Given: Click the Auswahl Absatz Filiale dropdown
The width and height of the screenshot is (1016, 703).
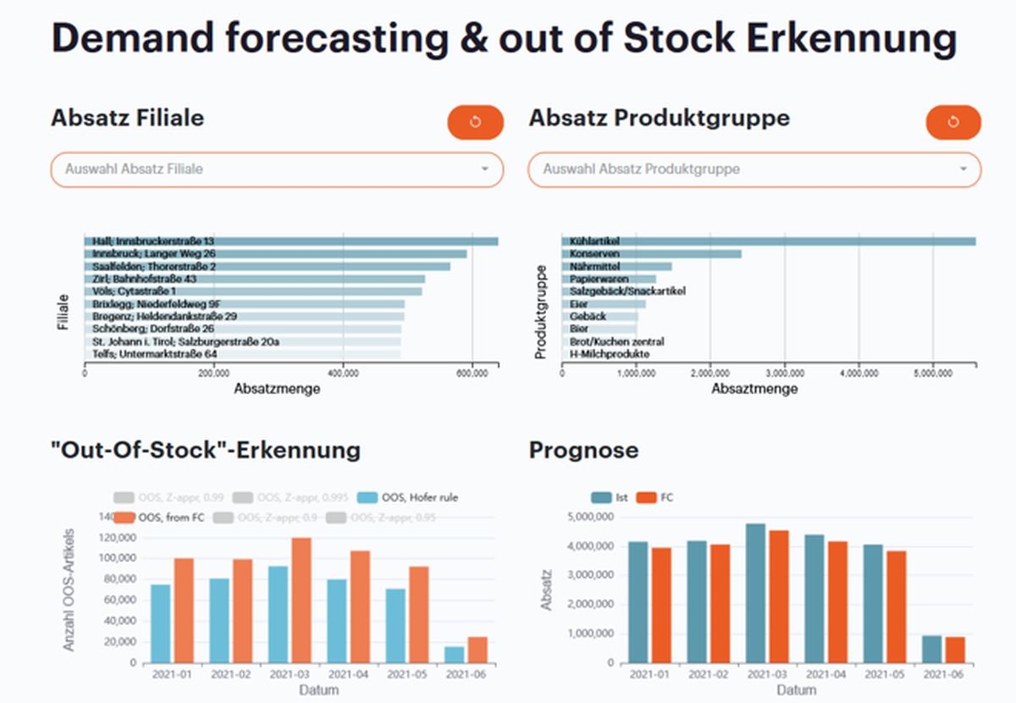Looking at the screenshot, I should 277,169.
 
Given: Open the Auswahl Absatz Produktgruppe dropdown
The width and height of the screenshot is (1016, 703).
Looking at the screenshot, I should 754,169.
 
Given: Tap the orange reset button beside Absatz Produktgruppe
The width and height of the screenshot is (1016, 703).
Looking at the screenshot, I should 953,122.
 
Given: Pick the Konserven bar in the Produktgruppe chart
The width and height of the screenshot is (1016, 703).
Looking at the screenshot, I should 651,254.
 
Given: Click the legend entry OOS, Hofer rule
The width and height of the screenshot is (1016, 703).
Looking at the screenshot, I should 409,497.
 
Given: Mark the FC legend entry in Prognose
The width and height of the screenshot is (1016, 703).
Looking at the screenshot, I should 657,498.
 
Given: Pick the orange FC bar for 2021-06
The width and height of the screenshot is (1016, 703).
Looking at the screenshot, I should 954,650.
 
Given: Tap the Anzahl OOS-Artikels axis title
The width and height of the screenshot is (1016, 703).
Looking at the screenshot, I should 69,590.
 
